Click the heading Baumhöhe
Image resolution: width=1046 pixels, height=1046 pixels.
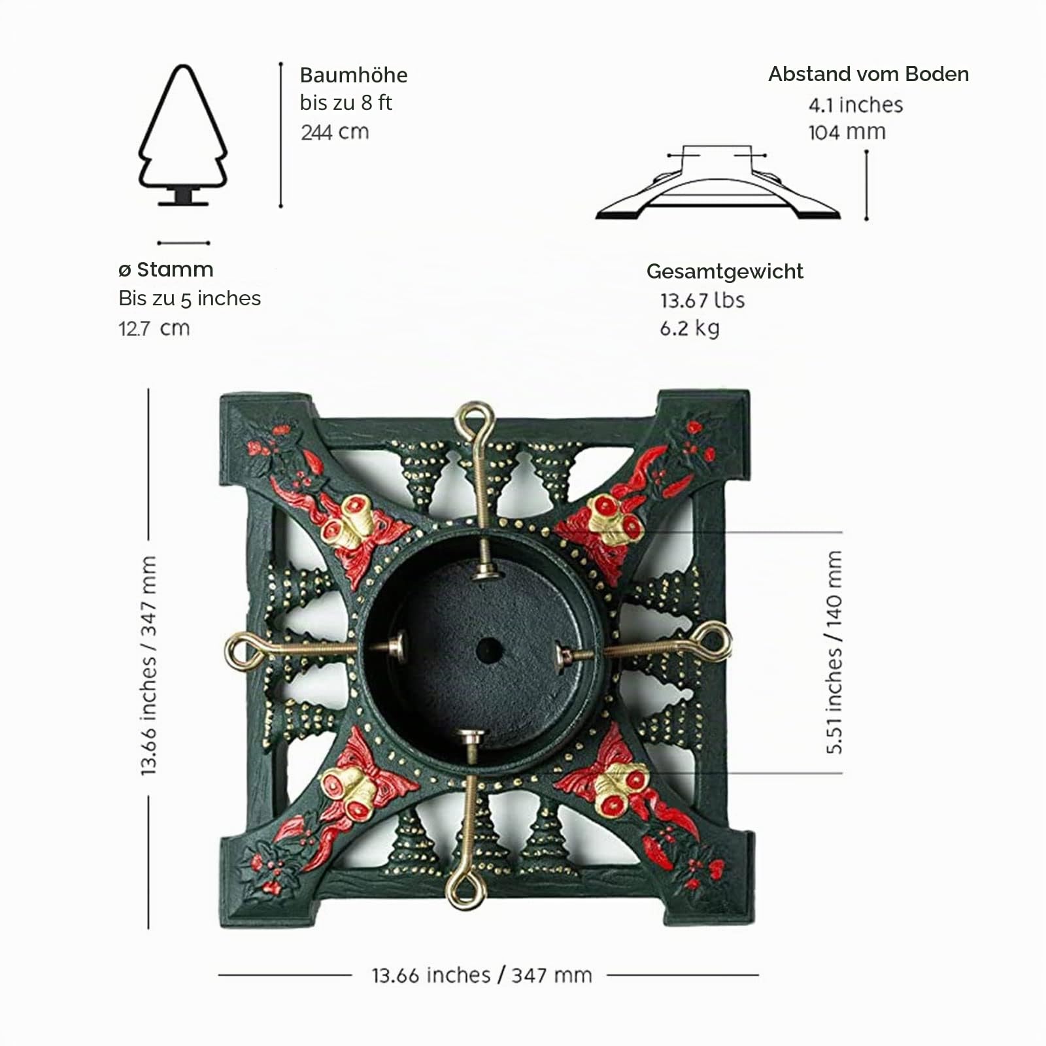pyautogui.click(x=354, y=75)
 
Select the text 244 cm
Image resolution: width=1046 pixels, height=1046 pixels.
pyautogui.click(x=335, y=132)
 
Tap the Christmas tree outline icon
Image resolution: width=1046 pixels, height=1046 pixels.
pyautogui.click(x=183, y=135)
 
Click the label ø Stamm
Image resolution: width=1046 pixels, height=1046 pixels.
pyautogui.click(x=166, y=269)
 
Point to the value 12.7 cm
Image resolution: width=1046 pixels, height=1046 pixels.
pyautogui.click(x=154, y=328)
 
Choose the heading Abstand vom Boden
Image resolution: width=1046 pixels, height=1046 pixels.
pyautogui.click(x=868, y=75)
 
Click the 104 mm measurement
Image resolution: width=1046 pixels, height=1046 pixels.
pyautogui.click(x=847, y=132)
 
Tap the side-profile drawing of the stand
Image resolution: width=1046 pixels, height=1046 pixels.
pyautogui.click(x=718, y=182)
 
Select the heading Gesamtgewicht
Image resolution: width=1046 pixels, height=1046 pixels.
pyautogui.click(x=725, y=272)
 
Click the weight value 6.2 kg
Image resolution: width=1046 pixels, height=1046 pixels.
pyautogui.click(x=690, y=328)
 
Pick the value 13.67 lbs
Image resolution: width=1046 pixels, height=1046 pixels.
pyautogui.click(x=702, y=300)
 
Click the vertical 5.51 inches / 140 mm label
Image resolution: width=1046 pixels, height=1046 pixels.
pyautogui.click(x=834, y=652)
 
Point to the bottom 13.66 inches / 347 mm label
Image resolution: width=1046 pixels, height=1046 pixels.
pyautogui.click(x=482, y=975)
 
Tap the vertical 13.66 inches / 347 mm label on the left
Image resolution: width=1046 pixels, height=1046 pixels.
pyautogui.click(x=148, y=666)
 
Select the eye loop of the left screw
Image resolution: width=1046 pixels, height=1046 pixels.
pyautogui.click(x=243, y=651)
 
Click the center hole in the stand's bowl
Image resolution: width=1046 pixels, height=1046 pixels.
pyautogui.click(x=489, y=650)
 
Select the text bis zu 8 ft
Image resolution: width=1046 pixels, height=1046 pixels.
pyautogui.click(x=346, y=103)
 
